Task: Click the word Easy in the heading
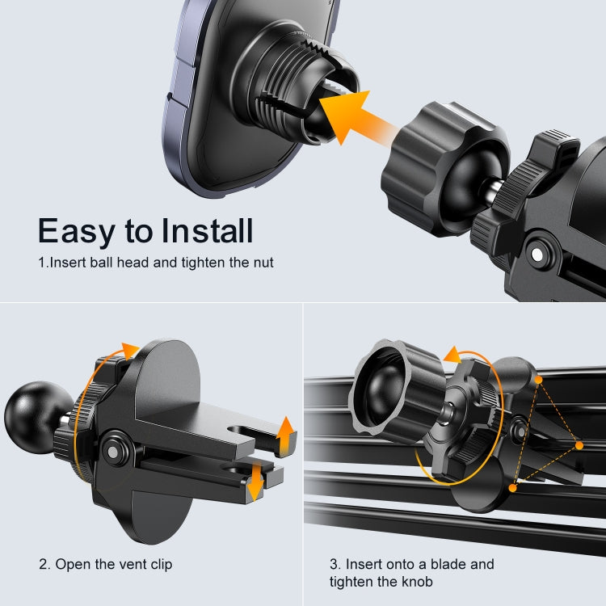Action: click(76, 231)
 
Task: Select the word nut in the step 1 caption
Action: click(263, 263)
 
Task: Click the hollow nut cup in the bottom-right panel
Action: click(388, 388)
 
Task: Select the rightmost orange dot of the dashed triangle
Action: click(579, 445)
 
